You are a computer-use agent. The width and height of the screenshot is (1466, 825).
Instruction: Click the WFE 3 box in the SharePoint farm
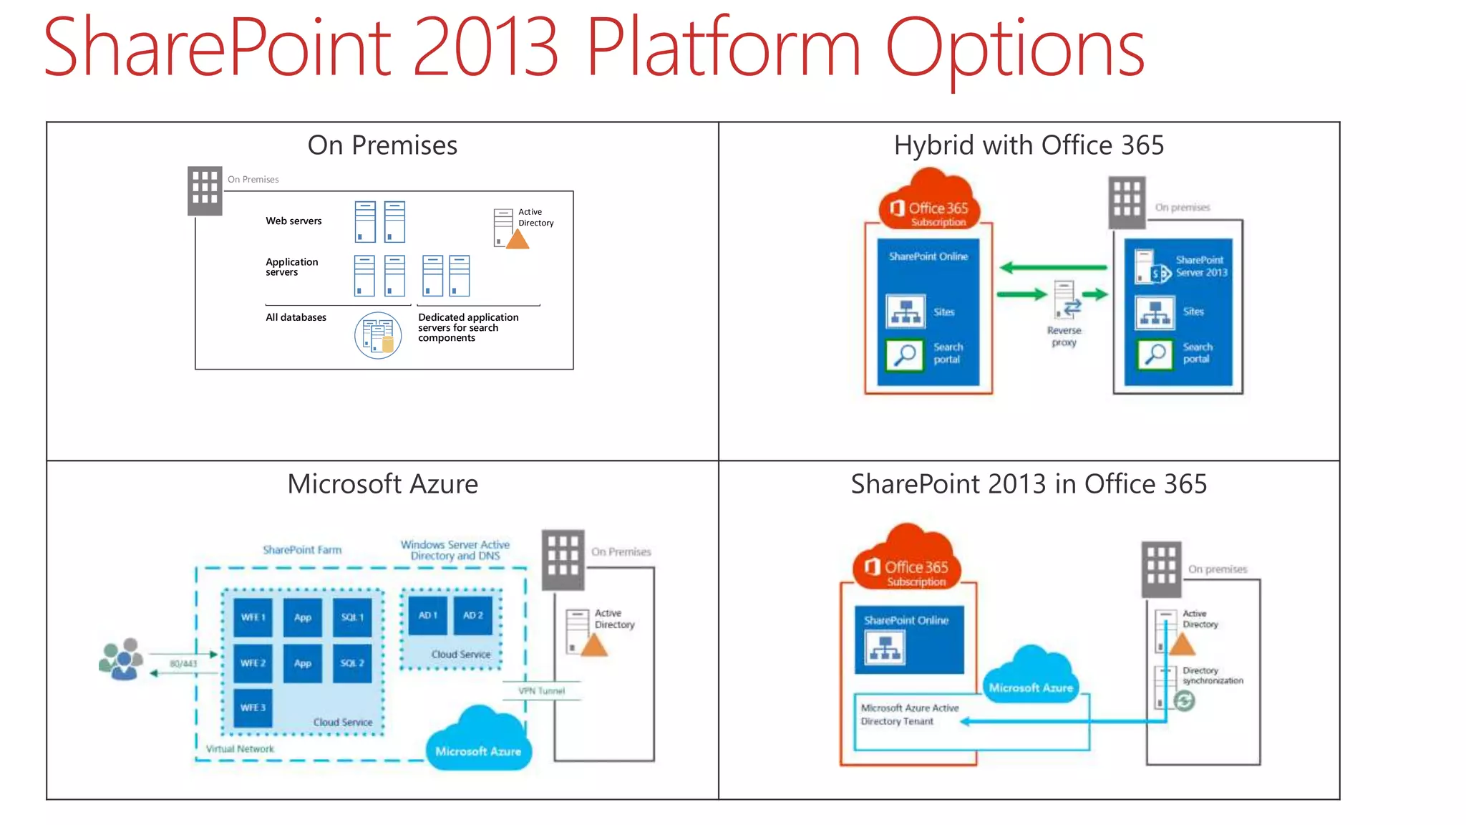click(x=253, y=708)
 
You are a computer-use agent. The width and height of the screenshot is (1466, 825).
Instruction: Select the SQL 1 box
click(x=352, y=617)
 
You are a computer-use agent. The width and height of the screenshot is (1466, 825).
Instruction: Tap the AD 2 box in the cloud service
click(x=472, y=615)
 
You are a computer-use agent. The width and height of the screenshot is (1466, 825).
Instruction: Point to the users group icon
click(x=121, y=660)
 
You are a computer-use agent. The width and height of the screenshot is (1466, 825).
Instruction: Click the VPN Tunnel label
click(x=541, y=691)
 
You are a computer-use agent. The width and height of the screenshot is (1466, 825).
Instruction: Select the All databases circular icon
click(x=377, y=335)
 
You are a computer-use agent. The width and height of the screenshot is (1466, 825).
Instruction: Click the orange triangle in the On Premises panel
click(x=518, y=239)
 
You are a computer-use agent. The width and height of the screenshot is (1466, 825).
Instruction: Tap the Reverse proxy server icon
click(x=1065, y=299)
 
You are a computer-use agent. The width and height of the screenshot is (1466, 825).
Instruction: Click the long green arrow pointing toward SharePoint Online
click(x=1053, y=268)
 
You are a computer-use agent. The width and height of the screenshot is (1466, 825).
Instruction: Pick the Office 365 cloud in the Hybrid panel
click(x=928, y=201)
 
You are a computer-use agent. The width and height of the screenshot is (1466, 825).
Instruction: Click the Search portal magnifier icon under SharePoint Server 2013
click(x=1155, y=354)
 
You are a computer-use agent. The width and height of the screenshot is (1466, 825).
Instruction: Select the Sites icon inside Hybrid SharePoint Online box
click(x=906, y=312)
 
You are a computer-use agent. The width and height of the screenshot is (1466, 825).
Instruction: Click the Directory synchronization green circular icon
click(x=1185, y=701)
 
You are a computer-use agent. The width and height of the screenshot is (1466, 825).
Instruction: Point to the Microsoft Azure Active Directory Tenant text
click(x=909, y=715)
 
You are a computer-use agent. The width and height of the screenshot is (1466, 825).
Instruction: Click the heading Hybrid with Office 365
click(x=1029, y=145)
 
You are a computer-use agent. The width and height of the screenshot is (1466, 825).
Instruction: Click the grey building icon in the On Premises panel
click(x=205, y=190)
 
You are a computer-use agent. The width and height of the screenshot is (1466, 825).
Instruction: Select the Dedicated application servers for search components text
click(x=467, y=327)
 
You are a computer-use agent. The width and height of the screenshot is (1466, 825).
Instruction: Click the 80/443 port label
click(x=183, y=664)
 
